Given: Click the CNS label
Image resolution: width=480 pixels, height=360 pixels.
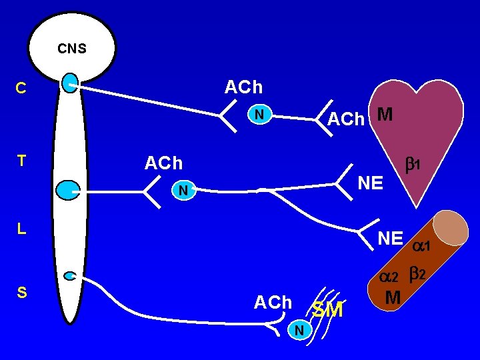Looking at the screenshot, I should [x=71, y=49].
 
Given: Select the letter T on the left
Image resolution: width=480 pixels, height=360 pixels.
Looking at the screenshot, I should [x=21, y=161].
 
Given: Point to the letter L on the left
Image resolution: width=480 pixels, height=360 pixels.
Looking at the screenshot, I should [x=21, y=229].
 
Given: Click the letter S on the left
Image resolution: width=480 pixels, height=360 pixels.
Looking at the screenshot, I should [x=21, y=293].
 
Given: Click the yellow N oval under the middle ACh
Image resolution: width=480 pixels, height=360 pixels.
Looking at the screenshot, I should [x=181, y=191].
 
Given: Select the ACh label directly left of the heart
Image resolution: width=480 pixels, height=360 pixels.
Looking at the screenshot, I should [x=346, y=119].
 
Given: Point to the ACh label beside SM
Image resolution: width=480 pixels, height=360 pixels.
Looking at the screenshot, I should [x=273, y=303].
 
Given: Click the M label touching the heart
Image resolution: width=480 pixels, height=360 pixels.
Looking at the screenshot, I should [x=384, y=115].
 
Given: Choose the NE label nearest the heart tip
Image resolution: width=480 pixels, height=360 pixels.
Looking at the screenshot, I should [x=370, y=182].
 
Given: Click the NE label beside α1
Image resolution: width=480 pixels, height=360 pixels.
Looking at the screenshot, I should [x=390, y=238].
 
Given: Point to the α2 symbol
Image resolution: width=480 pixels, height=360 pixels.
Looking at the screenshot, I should [x=388, y=276].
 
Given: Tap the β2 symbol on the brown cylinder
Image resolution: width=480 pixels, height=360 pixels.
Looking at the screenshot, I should [x=421, y=273].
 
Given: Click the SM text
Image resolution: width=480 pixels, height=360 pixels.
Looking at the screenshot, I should [x=327, y=310].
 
